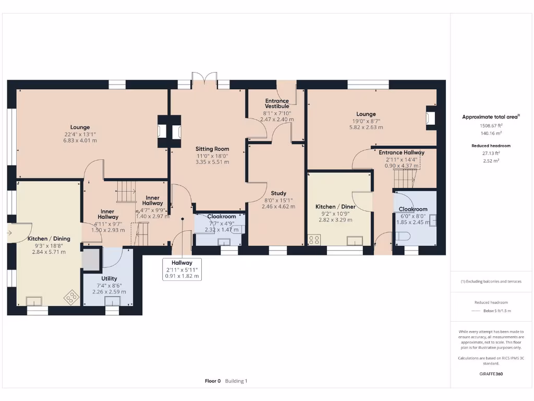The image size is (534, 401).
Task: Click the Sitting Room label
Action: tap(212, 149)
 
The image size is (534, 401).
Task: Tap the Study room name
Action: tap(278, 193)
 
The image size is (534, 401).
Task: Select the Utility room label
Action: tap(109, 278)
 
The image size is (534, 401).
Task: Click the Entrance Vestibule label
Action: tap(277, 103)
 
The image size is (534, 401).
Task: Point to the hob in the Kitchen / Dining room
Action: tap(69, 298)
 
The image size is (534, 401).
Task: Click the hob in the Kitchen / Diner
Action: tap(314, 240)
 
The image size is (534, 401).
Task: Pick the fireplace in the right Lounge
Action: tap(431, 117)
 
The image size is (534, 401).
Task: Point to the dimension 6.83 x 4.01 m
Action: tap(80, 140)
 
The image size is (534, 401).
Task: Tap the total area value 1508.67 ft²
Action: tap(490, 126)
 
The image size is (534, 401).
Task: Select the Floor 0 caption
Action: tap(213, 381)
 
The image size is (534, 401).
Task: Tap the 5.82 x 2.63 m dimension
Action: tap(366, 127)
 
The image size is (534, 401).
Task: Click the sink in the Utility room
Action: tap(112, 301)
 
